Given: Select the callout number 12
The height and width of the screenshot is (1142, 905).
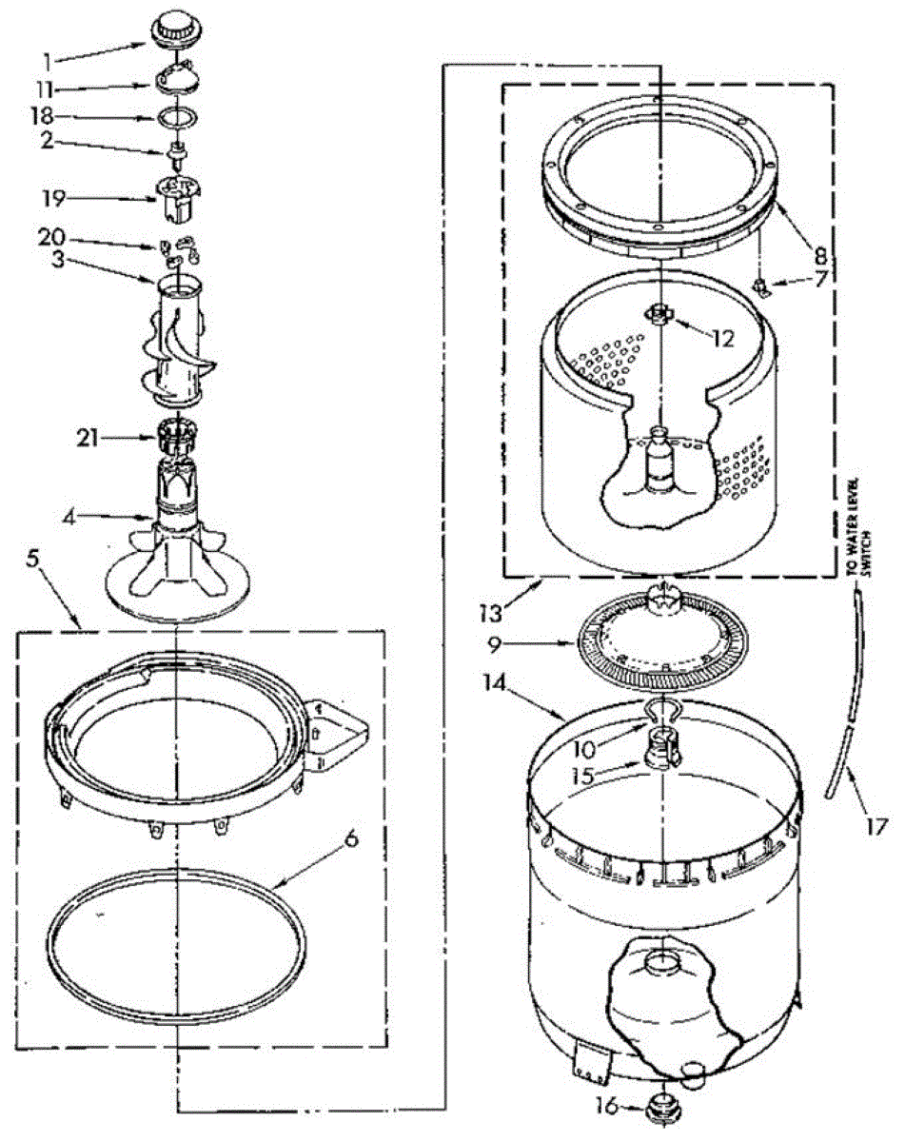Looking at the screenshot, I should [x=722, y=338].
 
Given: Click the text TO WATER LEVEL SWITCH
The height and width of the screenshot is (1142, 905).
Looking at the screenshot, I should [x=854, y=522].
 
